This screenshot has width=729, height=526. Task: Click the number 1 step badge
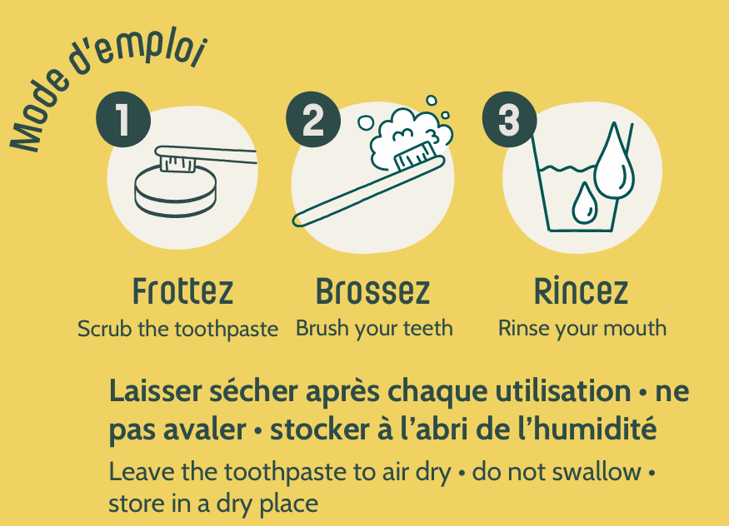coord(123,119)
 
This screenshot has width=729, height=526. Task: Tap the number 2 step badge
coord(313,119)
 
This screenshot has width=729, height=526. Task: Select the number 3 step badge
coord(510,119)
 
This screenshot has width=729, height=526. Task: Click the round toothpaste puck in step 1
coord(176,192)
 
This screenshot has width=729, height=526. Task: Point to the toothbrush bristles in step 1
coord(177,163)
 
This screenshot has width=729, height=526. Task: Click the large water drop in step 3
coord(614,161)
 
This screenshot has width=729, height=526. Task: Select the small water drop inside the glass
coord(584,203)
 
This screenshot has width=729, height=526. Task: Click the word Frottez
coord(182,291)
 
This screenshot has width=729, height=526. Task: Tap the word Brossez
coord(373,291)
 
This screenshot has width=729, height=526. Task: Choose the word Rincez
coord(582,291)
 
